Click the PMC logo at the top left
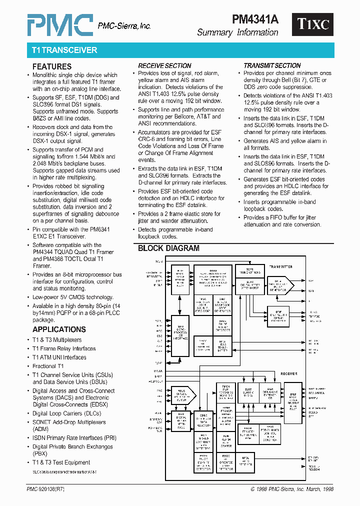(59, 24)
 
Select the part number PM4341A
(255, 19)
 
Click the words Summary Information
(237, 32)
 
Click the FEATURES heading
(52, 66)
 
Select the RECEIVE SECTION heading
(164, 65)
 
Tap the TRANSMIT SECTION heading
(272, 65)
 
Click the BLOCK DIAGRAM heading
(168, 248)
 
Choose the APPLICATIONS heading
(59, 329)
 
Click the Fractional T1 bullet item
(48, 366)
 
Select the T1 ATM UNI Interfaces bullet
(59, 357)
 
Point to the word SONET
(42, 422)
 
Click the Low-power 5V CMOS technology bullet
(72, 297)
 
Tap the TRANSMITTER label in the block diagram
(281, 267)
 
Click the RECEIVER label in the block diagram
(288, 373)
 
